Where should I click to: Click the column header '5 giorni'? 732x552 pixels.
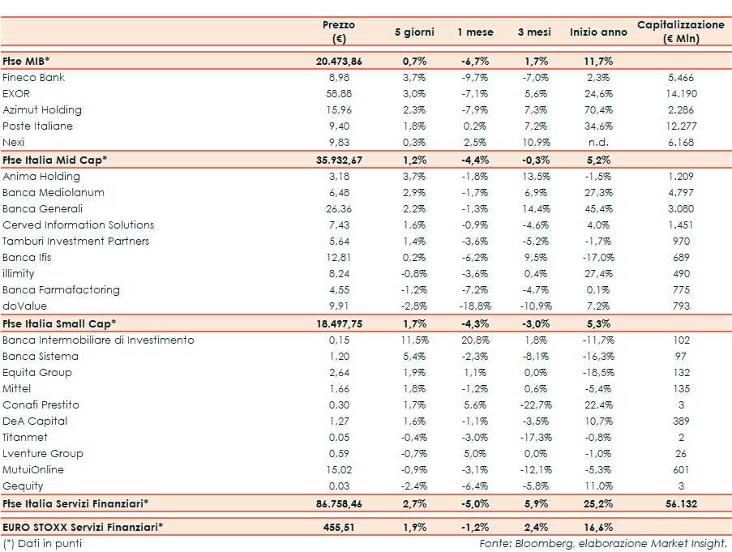click(x=414, y=32)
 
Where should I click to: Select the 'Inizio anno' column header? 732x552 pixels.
click(x=598, y=32)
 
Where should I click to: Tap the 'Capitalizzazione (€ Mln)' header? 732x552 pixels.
click(x=681, y=32)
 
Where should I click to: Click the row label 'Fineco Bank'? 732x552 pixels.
click(x=34, y=78)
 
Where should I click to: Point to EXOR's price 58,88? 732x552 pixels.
click(x=338, y=94)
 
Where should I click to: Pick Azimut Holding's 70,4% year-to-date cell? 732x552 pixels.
click(x=599, y=110)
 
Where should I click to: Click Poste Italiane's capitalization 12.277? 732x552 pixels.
click(x=681, y=126)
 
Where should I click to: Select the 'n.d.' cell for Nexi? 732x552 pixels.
click(x=599, y=143)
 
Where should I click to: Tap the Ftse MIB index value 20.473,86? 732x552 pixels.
click(x=338, y=62)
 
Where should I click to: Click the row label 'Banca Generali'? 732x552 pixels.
click(x=43, y=209)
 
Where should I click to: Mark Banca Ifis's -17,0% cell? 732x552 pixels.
click(x=598, y=258)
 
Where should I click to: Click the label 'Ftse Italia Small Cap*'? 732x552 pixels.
click(x=59, y=323)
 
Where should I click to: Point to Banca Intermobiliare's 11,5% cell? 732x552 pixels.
click(x=414, y=340)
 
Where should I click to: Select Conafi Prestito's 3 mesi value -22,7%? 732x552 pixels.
click(x=534, y=405)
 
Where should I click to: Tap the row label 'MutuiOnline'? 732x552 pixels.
click(x=33, y=470)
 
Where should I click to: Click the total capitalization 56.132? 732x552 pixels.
click(x=681, y=504)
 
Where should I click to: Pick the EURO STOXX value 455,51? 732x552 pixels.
click(x=338, y=527)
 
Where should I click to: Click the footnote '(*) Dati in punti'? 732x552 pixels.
click(x=42, y=544)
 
